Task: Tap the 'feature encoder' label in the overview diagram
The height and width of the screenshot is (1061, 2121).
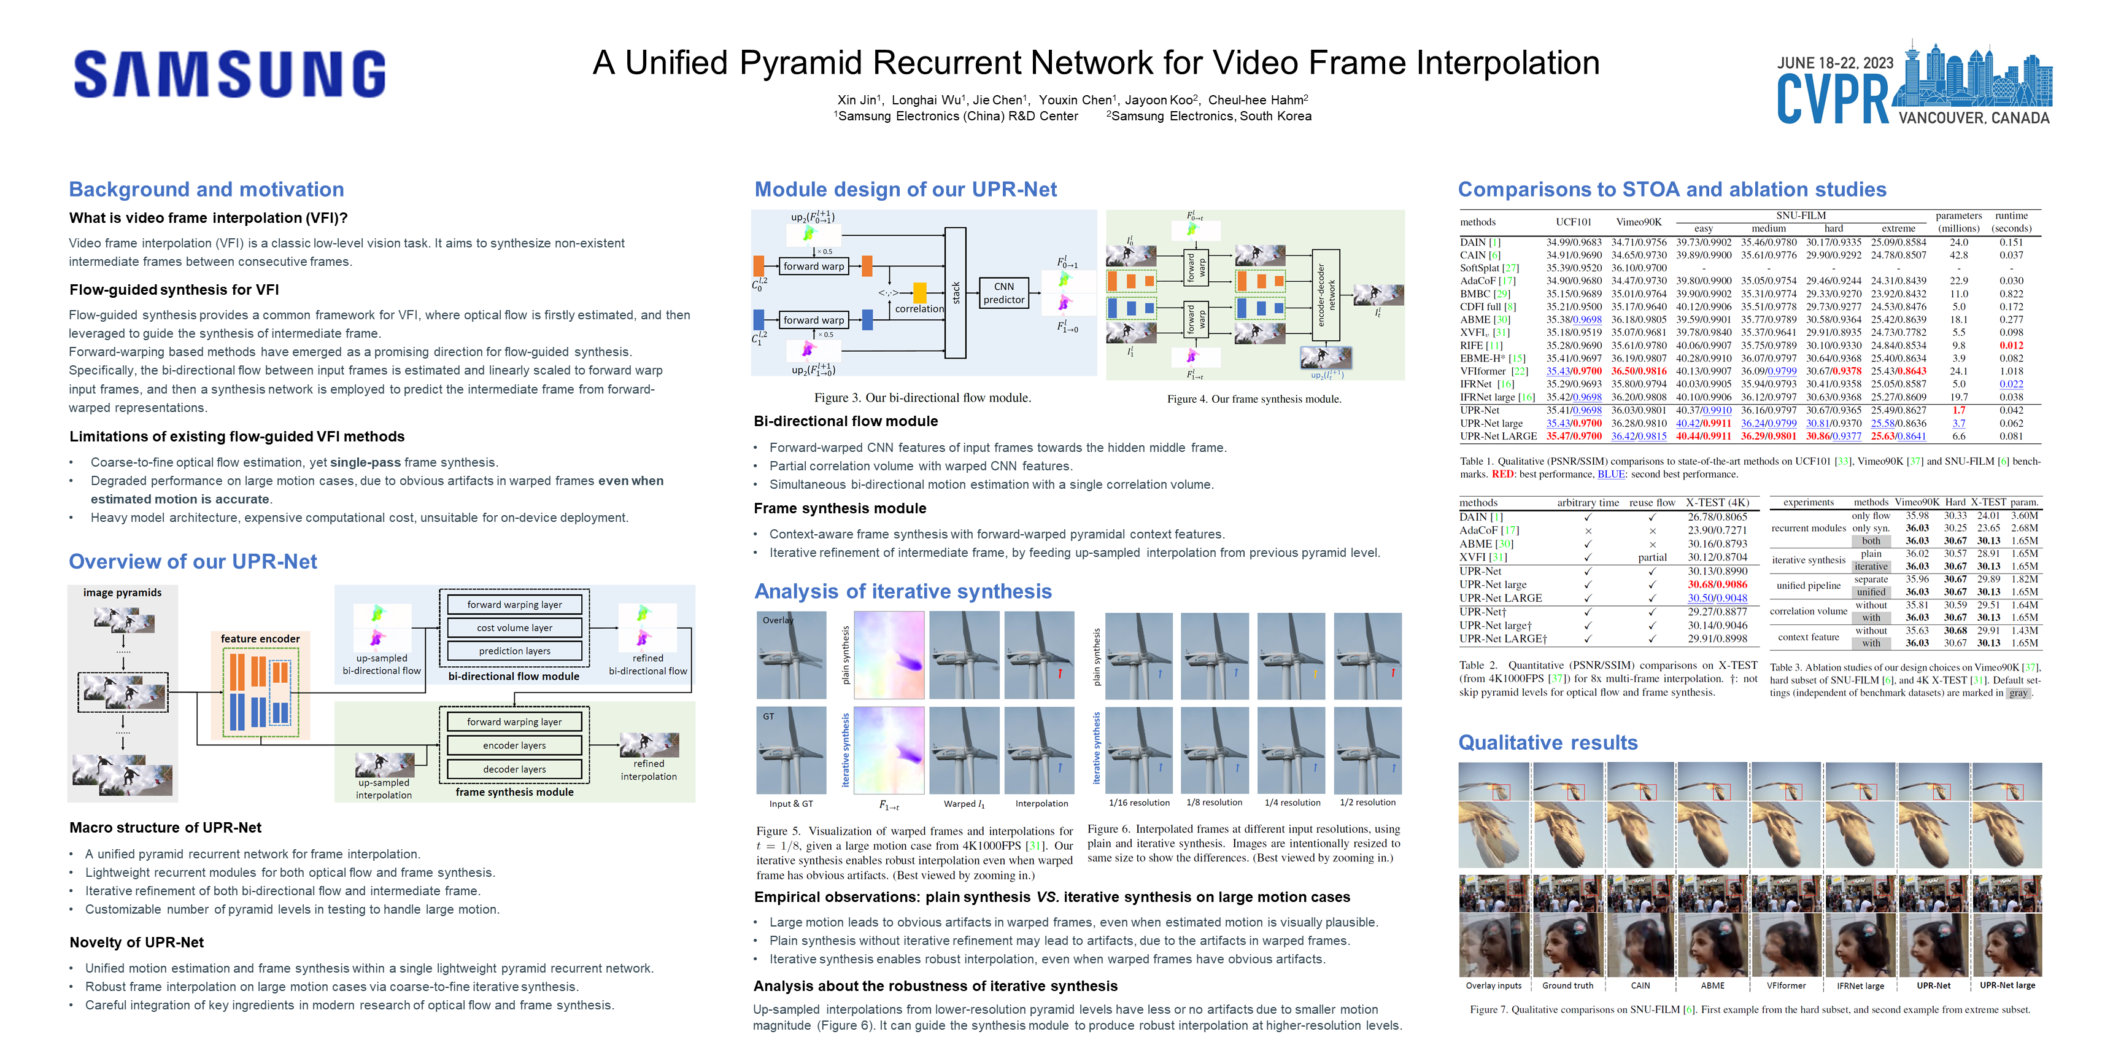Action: [x=260, y=639]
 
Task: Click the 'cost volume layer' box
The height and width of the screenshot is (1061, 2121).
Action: [x=515, y=628]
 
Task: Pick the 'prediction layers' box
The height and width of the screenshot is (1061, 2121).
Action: [x=515, y=651]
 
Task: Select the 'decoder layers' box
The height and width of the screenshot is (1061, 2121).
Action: [x=515, y=769]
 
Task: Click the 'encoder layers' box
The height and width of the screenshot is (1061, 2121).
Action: [x=515, y=745]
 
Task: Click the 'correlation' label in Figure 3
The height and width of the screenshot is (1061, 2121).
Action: [x=920, y=309]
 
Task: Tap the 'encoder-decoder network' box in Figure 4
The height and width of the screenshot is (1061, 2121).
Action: [x=1326, y=295]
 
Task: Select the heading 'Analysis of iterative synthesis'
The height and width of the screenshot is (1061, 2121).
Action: [x=903, y=591]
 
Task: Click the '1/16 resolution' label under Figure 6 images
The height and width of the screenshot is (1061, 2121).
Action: [x=1138, y=803]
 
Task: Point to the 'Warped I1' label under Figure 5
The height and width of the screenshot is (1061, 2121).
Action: [x=964, y=804]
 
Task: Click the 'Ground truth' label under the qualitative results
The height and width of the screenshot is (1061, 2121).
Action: [x=1567, y=985]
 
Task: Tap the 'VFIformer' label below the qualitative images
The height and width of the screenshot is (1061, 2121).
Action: [x=1786, y=985]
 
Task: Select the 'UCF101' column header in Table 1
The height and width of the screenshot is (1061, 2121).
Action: [x=1574, y=222]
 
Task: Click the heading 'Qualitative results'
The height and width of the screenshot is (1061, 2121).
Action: [x=1548, y=743]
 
